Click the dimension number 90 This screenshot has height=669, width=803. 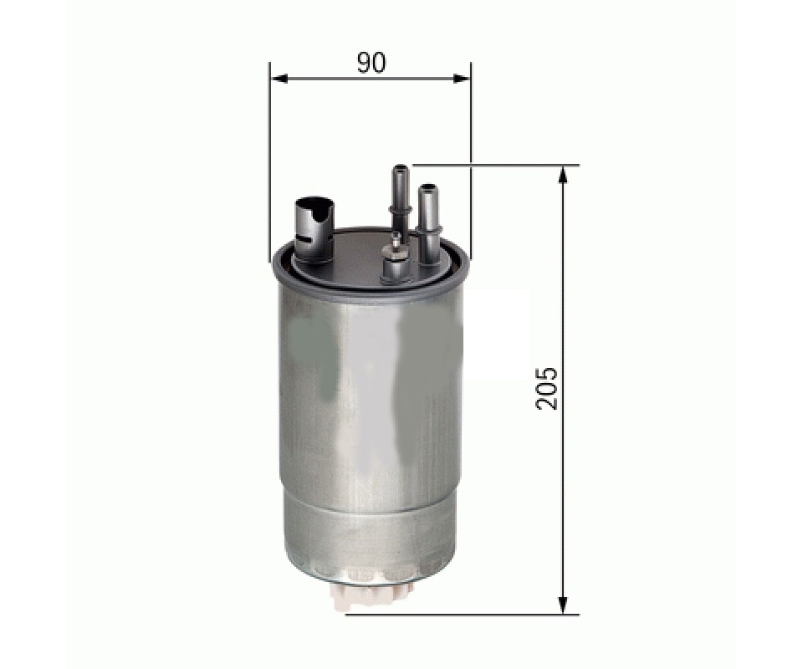tap(371, 63)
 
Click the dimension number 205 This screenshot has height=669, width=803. tap(546, 387)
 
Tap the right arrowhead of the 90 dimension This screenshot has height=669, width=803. tap(460, 79)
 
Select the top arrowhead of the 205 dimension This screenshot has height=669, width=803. tap(563, 176)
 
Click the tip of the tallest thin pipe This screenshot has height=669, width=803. tap(400, 167)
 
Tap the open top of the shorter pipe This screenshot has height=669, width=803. tap(427, 187)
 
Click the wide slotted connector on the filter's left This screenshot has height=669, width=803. tap(314, 227)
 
